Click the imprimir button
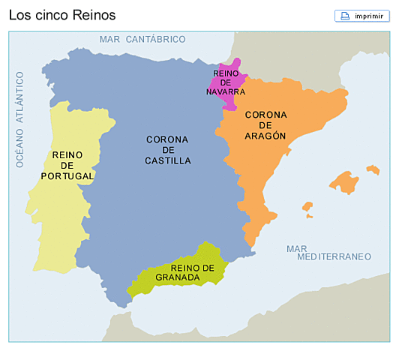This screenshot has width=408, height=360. (x=362, y=16)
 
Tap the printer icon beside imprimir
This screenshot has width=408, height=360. (x=345, y=16)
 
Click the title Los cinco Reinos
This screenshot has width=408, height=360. (x=62, y=15)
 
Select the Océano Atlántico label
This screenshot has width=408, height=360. (x=20, y=118)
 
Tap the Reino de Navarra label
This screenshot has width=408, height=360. (x=226, y=82)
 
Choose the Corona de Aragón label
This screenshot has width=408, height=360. (x=265, y=125)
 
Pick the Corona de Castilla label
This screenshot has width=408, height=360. (x=167, y=149)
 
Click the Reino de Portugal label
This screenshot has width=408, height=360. (x=67, y=165)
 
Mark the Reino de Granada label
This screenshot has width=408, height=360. (x=183, y=273)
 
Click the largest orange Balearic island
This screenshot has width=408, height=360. (x=344, y=183)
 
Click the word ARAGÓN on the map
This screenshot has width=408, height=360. (x=265, y=136)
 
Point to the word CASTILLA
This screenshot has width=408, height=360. (x=167, y=160)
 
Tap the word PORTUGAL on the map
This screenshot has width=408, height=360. (x=67, y=176)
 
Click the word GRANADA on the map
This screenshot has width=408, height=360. (x=178, y=277)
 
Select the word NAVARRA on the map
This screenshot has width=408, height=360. (x=226, y=91)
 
